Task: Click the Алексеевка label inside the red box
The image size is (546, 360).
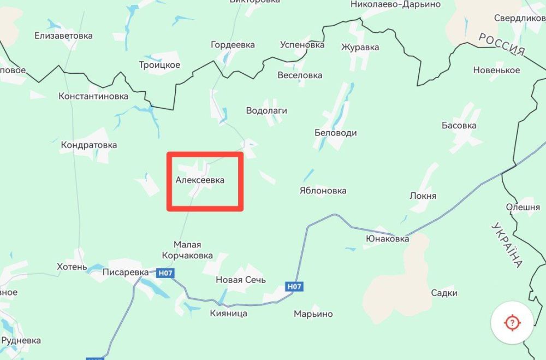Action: pos(200,180)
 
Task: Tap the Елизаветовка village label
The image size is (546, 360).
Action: pos(63,36)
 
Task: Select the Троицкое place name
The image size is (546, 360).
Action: pos(159,65)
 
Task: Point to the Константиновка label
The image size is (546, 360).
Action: pos(93,96)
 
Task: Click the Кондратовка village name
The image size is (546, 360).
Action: pos(89,145)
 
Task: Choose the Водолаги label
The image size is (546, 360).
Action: pos(266,110)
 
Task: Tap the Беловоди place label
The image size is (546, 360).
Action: pos(336,133)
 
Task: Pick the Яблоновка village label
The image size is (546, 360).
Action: pos(323,191)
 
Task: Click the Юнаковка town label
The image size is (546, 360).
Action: pos(387,239)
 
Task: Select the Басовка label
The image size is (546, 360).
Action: pos(459,125)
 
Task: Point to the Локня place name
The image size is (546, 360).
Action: pos(423,196)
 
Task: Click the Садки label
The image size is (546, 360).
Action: pos(444,293)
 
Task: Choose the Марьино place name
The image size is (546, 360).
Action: pos(313,314)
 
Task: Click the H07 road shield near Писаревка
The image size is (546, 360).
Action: pos(165,273)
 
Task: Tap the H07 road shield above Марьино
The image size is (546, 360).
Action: pos(294,286)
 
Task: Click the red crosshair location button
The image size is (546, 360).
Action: pos(512,322)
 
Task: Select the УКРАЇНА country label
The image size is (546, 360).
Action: pos(506,244)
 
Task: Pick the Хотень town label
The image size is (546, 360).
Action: pos(72,267)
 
